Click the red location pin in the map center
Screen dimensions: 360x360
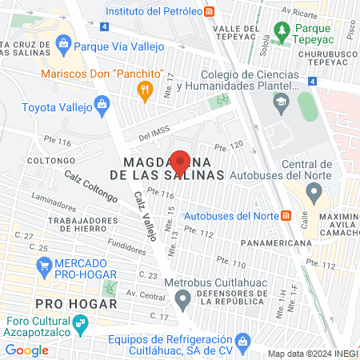tap(180, 162)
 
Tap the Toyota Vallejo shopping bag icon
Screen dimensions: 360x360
tap(102, 104)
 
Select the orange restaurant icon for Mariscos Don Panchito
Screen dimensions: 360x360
tap(145, 92)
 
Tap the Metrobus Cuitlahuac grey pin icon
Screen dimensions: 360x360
tap(183, 300)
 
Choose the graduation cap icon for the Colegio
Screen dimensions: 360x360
tap(281, 102)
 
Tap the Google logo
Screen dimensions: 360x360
tap(26, 350)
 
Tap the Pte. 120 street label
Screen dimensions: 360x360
tap(228, 146)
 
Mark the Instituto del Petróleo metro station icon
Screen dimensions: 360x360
tap(209, 10)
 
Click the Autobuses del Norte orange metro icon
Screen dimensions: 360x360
tap(285, 216)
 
